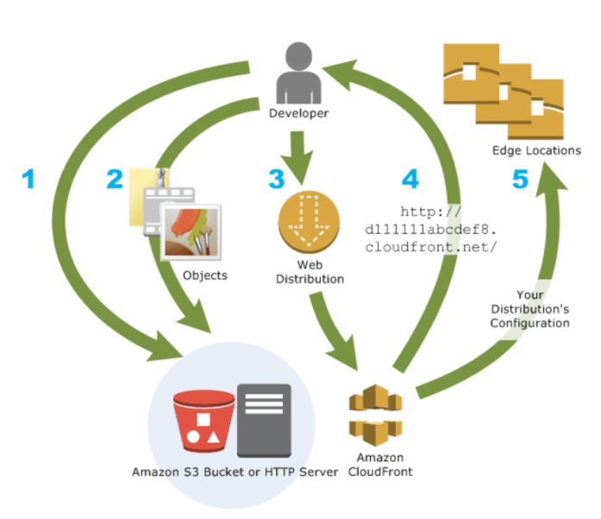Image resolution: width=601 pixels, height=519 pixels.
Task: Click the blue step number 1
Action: pyautogui.click(x=29, y=179)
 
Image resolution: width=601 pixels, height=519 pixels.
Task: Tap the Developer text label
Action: pyautogui.click(x=298, y=113)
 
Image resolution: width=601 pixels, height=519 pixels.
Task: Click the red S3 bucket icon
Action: pyautogui.click(x=203, y=422)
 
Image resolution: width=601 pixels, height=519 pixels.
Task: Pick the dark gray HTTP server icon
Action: pyautogui.click(x=264, y=420)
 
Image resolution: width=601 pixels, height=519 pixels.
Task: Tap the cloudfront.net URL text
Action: pyautogui.click(x=431, y=228)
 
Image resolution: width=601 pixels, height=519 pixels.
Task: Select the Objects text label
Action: pyautogui.click(x=205, y=275)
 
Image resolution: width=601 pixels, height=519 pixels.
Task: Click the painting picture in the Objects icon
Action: pyautogui.click(x=191, y=232)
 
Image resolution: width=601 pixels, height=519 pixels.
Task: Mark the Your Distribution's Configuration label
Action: pyautogui.click(x=530, y=308)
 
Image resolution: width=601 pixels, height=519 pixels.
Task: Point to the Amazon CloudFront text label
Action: pyautogui.click(x=379, y=465)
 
